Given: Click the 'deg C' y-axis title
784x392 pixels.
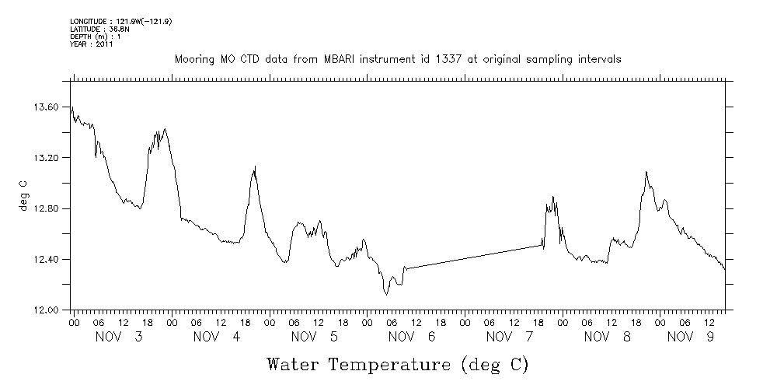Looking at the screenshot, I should coord(24,195).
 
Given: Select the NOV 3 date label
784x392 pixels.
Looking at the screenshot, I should coord(119,337).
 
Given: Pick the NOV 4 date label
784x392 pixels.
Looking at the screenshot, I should coord(216,337).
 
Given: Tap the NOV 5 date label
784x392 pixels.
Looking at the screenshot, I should coord(313,337).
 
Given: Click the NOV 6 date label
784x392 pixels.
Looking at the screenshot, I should coord(410,337).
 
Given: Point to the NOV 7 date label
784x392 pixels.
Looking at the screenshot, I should coord(508,337).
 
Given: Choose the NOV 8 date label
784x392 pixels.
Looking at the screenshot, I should coord(605,337).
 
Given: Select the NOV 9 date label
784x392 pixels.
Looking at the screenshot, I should coord(691,337).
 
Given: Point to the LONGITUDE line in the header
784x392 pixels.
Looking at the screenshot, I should coord(120,21).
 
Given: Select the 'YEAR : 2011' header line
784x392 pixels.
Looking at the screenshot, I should coord(92,44).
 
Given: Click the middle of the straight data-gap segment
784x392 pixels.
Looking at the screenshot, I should coord(472,257).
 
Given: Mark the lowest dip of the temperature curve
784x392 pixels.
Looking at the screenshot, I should coord(385,294).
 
